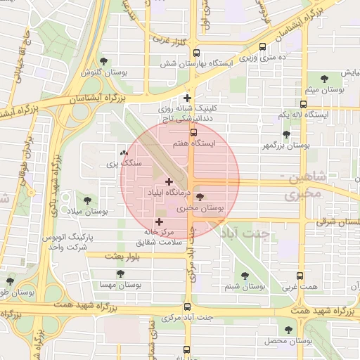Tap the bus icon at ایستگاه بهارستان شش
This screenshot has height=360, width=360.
(x=195, y=52)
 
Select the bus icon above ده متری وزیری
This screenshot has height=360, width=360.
(x=263, y=47)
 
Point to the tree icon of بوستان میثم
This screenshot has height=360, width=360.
(x=324, y=79)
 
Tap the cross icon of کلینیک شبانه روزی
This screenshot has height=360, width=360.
(x=187, y=98)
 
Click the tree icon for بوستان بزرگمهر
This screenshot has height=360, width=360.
(x=285, y=134)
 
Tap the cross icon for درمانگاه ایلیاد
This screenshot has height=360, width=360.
(x=169, y=181)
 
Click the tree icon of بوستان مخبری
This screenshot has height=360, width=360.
(x=200, y=198)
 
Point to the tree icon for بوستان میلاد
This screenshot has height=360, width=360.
(x=87, y=200)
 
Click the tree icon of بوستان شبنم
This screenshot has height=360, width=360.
(x=245, y=276)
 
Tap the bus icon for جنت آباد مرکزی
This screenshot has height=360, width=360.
(x=187, y=307)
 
